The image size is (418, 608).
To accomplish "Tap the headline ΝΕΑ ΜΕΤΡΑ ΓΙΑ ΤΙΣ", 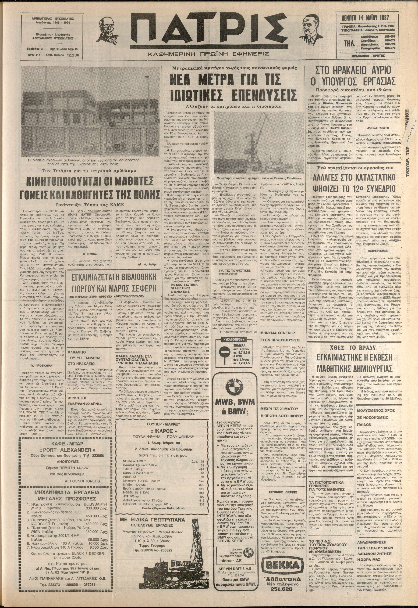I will point(232,79).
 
